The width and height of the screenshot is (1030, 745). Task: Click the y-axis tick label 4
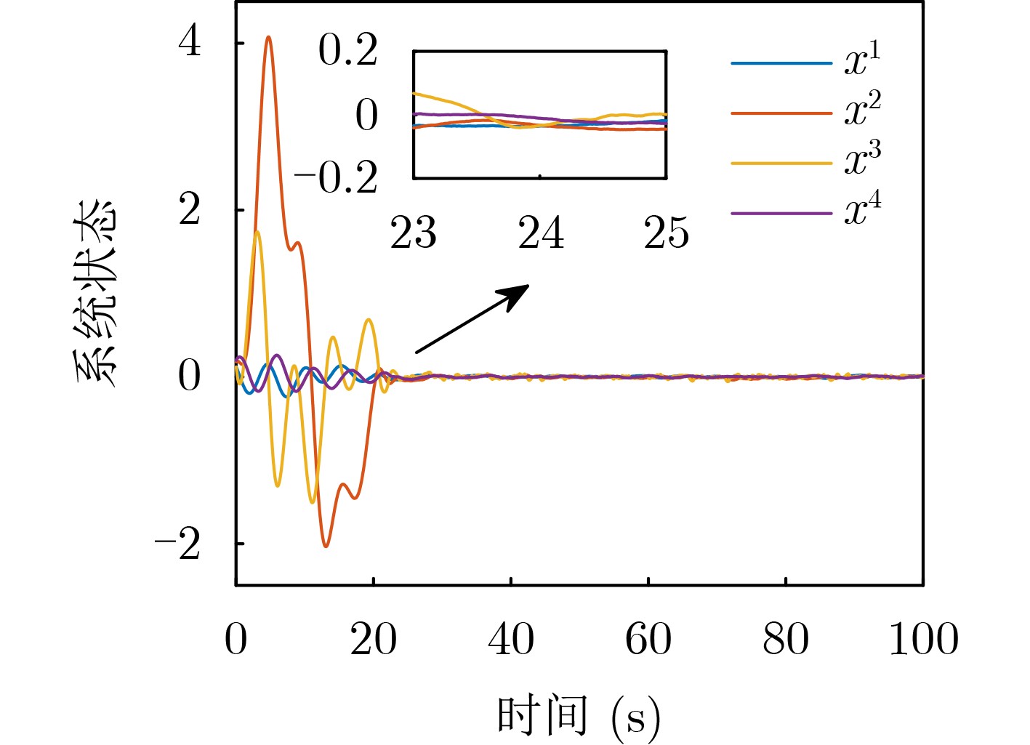coord(190,42)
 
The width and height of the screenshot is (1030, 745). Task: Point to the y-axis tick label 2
coord(190,209)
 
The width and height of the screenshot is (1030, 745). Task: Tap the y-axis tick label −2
coord(177,544)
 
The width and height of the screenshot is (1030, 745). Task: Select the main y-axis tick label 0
coord(190,376)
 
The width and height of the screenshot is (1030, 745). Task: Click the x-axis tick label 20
coord(373,640)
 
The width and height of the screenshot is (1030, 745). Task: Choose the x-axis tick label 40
coord(510,640)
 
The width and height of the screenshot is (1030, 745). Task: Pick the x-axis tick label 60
coord(648,640)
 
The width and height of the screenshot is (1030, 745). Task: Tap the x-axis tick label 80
coord(785,640)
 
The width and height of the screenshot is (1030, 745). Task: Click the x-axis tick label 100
coord(923,640)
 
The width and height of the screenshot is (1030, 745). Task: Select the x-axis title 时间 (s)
coord(579,716)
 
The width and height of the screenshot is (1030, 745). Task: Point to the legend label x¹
coord(862,60)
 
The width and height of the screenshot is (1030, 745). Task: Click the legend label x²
coord(862,110)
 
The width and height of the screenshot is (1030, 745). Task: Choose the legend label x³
coord(862,161)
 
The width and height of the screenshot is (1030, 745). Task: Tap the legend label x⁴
coord(862,211)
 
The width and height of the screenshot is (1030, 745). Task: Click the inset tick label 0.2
coord(347,51)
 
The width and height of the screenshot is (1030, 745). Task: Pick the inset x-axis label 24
coord(540,233)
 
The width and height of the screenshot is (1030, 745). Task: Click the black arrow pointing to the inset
coord(472,319)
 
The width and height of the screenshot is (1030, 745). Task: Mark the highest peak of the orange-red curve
coord(269,36)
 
